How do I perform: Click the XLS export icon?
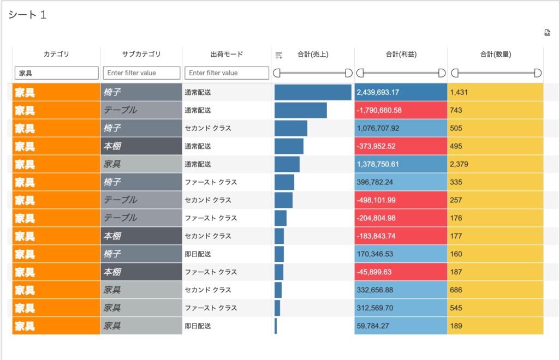547,33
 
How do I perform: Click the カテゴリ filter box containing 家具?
56,73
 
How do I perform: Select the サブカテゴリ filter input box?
141,73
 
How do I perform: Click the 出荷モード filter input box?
227,73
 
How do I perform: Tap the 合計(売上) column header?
313,55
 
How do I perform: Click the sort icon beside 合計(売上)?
279,55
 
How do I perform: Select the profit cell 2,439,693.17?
401,92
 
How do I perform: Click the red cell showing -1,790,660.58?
401,110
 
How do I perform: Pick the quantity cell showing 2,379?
495,164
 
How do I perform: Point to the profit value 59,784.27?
401,326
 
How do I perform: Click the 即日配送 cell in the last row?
227,326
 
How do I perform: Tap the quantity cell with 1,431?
495,92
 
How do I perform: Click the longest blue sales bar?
313,92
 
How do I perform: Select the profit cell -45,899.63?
401,272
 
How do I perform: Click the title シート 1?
27,15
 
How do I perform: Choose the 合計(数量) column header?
495,55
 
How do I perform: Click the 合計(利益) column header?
401,55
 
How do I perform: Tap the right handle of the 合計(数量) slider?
538,73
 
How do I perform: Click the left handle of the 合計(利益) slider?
360,73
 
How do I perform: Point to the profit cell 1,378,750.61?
401,164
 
